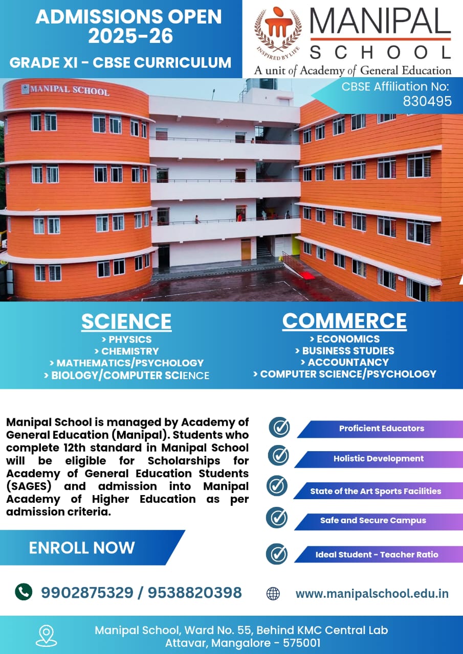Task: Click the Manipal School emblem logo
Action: [x=278, y=32]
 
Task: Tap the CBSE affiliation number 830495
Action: [x=427, y=101]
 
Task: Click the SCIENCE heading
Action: [x=126, y=321]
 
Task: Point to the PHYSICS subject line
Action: [x=126, y=340]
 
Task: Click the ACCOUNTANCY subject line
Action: [x=345, y=362]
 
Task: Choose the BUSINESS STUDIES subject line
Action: [x=345, y=351]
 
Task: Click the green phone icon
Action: [x=24, y=592]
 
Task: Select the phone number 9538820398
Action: [x=195, y=592]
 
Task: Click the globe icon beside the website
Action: [x=273, y=594]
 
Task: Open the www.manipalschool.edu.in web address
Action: [x=372, y=594]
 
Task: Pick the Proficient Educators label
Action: [x=382, y=428]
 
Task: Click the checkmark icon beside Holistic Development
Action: [x=278, y=455]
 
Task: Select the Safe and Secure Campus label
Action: [x=373, y=520]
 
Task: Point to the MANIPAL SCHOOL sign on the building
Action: [x=65, y=90]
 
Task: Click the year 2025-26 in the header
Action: [x=130, y=36]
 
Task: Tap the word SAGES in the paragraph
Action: [x=29, y=486]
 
